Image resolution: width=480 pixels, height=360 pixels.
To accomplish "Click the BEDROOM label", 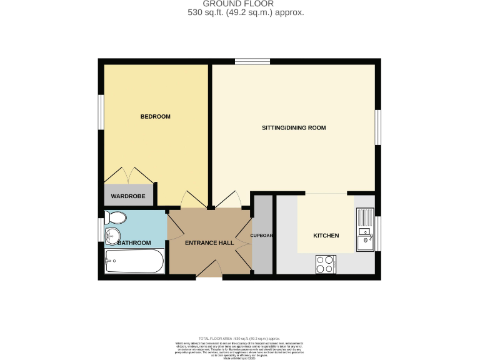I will point(155,117).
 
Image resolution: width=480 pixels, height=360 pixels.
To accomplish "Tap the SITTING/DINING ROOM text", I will point(293,128).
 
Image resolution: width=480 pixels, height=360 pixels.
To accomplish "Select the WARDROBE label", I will point(128,197).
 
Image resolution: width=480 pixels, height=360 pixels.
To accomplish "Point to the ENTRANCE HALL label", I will point(209,243).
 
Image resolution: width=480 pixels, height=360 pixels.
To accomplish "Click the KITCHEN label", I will point(326,236).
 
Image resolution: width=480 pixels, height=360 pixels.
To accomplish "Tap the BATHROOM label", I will point(135,242).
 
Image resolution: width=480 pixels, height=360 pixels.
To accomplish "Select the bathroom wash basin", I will point(112,237).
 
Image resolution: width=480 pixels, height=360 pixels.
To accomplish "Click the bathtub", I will point(134,262).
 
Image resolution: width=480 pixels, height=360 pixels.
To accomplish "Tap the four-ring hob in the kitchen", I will point(326,264).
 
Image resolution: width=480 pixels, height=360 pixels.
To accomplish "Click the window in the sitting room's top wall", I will point(252,61).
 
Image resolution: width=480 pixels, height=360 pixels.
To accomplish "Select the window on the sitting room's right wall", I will point(377,128).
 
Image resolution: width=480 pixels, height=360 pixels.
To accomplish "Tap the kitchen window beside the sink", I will point(377,232).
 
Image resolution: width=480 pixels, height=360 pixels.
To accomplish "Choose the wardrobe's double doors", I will point(128,176).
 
